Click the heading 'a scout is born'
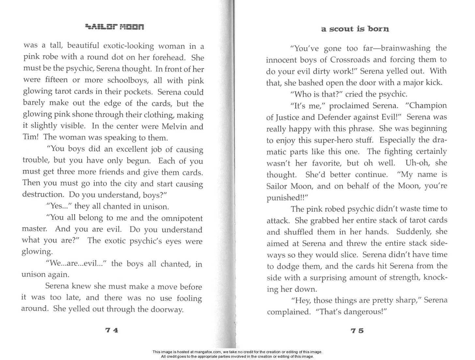click(355, 29)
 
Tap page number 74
click(112, 330)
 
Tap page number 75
click(357, 331)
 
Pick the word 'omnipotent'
click(182, 218)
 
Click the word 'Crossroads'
click(350, 60)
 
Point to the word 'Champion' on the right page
click(428, 106)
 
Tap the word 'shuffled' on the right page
click(300, 232)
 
